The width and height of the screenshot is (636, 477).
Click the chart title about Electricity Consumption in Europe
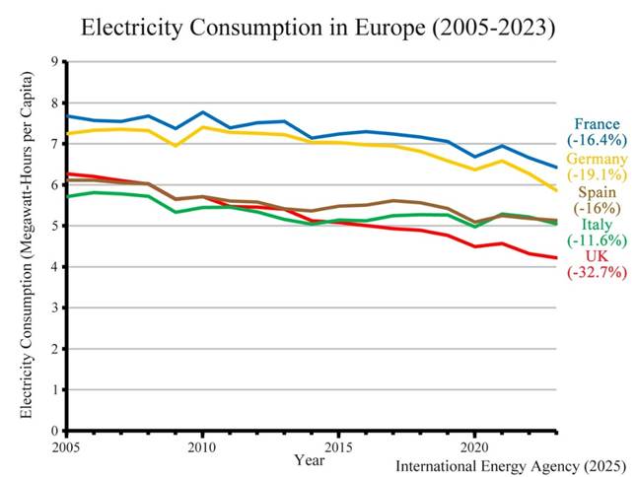[x=318, y=28]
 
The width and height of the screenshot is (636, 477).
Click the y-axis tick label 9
[x=54, y=61]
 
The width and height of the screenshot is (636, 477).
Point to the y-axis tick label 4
[x=54, y=267]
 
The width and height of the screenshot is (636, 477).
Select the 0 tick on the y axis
[x=54, y=431]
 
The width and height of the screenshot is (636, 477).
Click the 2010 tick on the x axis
[x=202, y=444]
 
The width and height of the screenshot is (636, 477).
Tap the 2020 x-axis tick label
[x=473, y=444]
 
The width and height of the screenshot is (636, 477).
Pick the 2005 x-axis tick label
[x=67, y=444]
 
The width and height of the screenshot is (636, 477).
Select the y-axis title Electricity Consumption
[x=27, y=246]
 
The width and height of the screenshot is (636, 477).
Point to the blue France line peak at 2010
[x=202, y=112]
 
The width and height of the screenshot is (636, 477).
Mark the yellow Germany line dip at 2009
[x=176, y=146]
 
